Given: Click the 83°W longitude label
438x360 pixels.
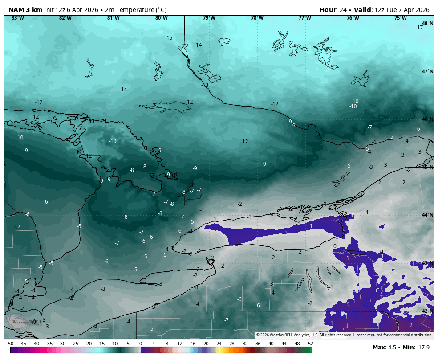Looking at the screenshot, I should [17, 18].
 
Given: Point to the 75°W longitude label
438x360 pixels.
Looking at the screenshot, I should [400, 18].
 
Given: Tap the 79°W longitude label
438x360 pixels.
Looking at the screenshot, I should [209, 18].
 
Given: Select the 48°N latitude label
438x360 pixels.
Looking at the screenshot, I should [427, 24].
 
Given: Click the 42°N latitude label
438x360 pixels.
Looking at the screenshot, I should [427, 311].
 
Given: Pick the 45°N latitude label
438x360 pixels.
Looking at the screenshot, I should [427, 167].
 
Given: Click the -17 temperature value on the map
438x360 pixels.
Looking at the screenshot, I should [419, 28].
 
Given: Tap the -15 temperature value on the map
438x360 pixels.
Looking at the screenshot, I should [169, 38].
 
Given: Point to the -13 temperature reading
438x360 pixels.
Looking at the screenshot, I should [205, 85].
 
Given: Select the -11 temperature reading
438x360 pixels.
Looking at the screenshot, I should [78, 152].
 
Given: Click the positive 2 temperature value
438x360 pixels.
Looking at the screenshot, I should [411, 325].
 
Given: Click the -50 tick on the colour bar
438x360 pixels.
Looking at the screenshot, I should [10, 344].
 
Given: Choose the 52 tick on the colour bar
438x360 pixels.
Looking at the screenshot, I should [310, 344].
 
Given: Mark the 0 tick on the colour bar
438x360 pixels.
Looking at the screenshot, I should [141, 344].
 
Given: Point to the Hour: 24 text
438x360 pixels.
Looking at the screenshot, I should [333, 10].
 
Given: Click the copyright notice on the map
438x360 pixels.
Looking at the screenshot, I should [344, 335].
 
